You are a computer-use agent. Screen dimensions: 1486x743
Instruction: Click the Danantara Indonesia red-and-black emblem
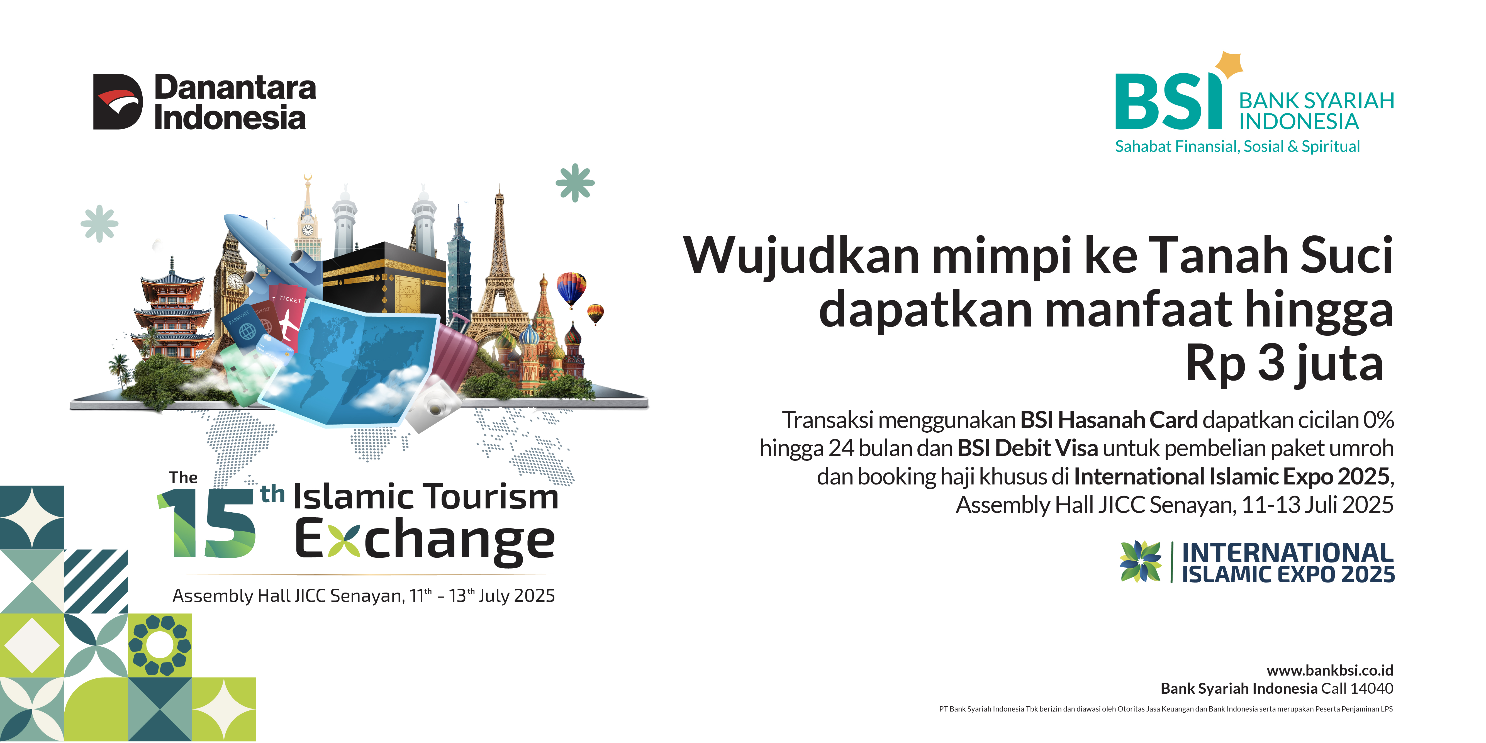point(118,101)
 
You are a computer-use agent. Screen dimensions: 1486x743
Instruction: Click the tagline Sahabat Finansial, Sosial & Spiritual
point(1237,147)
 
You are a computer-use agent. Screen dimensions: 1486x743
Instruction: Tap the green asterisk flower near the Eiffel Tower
point(575,183)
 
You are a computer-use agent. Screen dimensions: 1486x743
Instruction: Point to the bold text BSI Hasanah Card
point(1109,420)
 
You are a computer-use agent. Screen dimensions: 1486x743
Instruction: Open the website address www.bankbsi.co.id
point(1330,670)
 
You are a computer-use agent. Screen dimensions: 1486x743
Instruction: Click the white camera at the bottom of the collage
point(433,406)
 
